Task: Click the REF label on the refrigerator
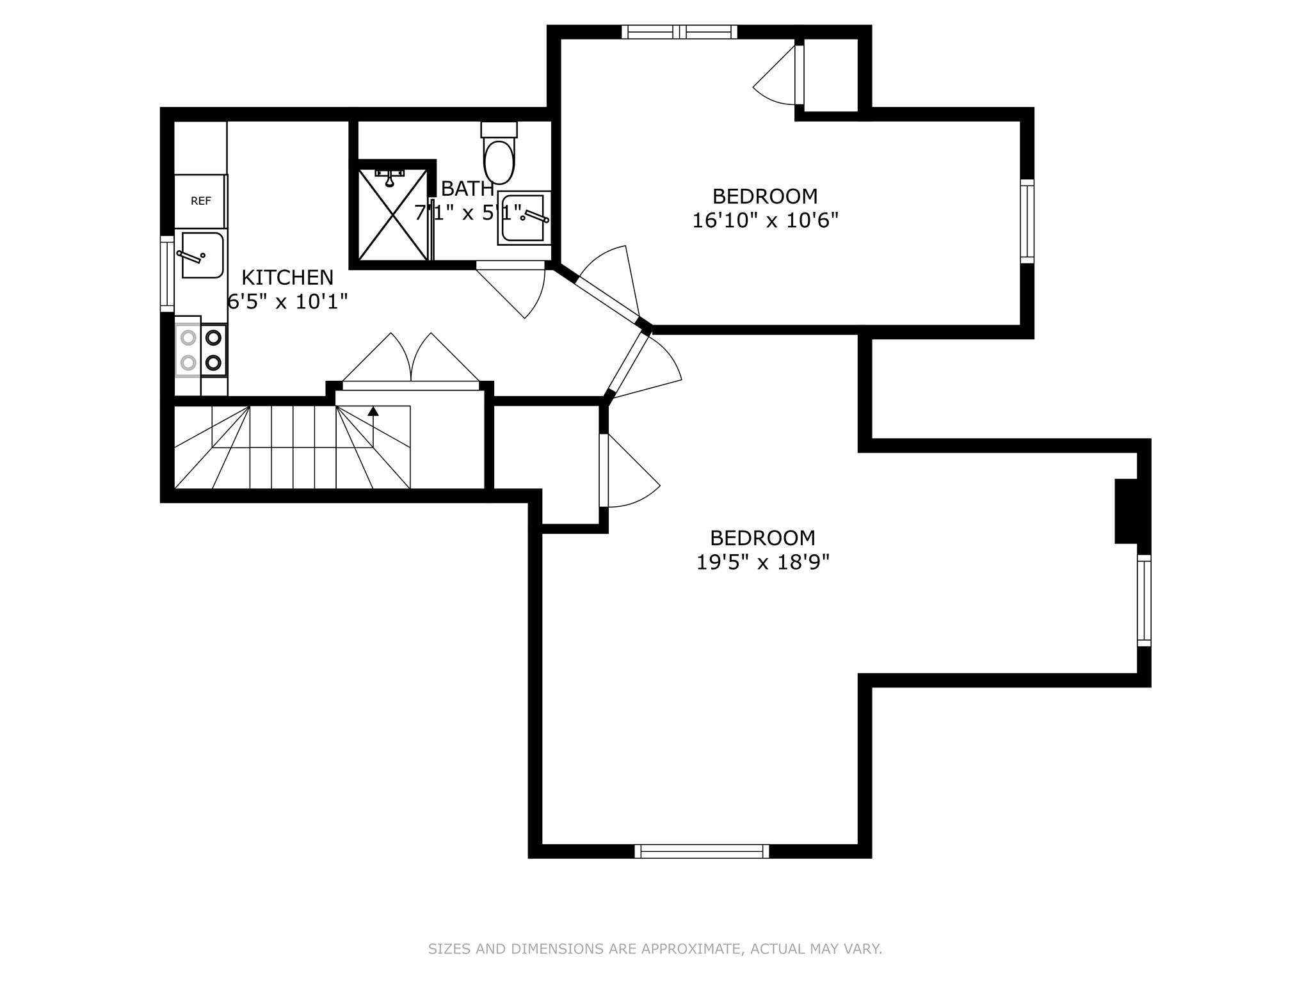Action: [200, 201]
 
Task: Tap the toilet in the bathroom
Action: [499, 153]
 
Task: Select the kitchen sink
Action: [202, 255]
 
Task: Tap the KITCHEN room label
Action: [287, 277]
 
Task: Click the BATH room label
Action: [467, 189]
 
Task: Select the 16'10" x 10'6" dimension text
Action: [766, 220]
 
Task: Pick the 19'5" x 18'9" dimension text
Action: [763, 562]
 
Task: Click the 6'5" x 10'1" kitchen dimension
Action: [287, 301]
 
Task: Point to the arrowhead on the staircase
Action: [373, 411]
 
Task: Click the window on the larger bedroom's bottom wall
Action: [702, 851]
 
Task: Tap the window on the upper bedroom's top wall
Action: [680, 32]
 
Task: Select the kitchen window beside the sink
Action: [167, 274]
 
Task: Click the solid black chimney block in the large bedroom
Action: [1127, 511]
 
